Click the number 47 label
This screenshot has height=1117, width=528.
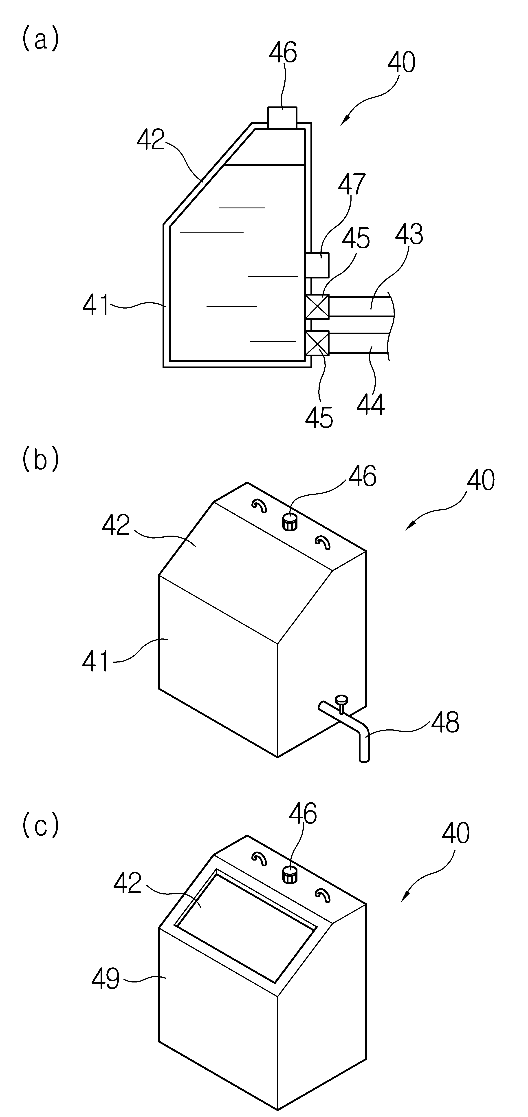pyautogui.click(x=352, y=184)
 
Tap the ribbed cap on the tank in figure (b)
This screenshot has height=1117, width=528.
pyautogui.click(x=289, y=521)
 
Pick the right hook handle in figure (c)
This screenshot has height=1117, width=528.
pyautogui.click(x=323, y=896)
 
